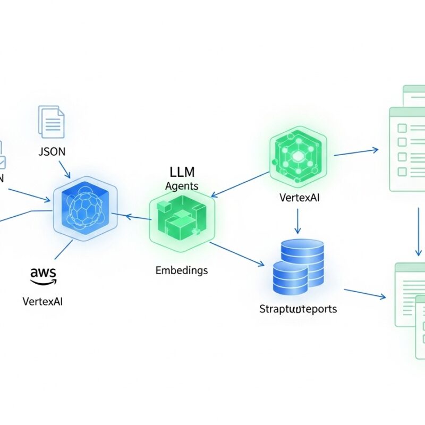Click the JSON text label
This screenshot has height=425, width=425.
click(52, 151)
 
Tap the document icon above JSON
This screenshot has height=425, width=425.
click(51, 122)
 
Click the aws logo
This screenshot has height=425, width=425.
click(43, 274)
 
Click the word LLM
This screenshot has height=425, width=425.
click(182, 173)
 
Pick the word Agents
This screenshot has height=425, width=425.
click(182, 186)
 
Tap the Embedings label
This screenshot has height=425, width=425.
click(182, 270)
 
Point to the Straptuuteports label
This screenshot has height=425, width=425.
click(297, 309)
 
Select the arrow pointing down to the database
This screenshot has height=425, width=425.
click(297, 221)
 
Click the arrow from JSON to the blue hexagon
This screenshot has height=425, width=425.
click(63, 169)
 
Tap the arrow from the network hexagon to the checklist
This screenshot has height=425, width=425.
click(356, 152)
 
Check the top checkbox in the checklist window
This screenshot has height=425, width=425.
click(402, 128)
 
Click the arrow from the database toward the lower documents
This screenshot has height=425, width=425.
click(365, 293)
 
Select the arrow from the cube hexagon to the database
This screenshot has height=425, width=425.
click(237, 254)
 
